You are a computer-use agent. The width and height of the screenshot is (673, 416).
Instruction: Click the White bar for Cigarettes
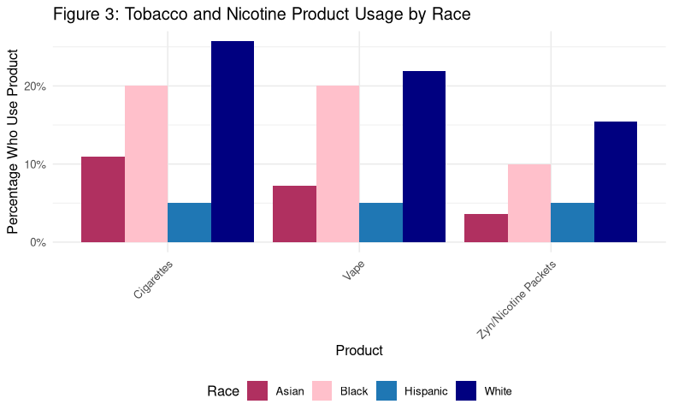pos(232,141)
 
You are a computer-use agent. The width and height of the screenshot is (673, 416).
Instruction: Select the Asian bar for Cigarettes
pos(103,199)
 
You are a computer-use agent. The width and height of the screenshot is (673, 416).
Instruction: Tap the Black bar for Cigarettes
pos(146,163)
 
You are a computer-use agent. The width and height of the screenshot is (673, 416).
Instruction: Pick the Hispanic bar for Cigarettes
pos(189,223)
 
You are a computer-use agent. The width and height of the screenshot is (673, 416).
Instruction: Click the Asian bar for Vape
pos(294,214)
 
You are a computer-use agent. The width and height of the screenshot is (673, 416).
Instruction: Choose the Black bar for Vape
pos(338,163)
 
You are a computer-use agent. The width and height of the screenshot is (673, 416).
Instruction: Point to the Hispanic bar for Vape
pos(381,223)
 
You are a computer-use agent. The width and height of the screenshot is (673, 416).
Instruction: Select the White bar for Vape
pos(424,157)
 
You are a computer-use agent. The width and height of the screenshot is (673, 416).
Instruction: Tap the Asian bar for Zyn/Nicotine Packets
pos(486,228)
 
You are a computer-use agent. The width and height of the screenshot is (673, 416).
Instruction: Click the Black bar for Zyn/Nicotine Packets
pos(529,203)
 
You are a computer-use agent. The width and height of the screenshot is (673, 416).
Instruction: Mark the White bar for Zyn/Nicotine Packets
pos(616,181)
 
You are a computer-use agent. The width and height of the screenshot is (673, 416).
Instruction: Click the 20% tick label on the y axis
pos(59,86)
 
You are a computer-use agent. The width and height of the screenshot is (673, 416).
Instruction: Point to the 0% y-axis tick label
pos(62,242)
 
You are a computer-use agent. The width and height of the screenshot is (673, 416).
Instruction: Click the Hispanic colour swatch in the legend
pos(387,391)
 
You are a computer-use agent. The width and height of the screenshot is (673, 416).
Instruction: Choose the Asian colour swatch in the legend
pos(257,391)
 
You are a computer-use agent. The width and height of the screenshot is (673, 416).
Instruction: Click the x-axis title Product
pos(359,350)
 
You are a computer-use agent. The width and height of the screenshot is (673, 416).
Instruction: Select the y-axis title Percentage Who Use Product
pos(13,141)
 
